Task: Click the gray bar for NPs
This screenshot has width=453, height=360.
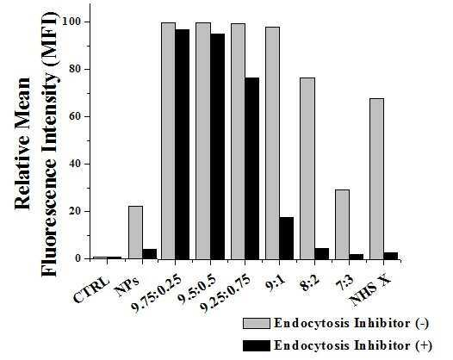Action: [135, 233]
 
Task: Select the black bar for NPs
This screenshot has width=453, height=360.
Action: [150, 254]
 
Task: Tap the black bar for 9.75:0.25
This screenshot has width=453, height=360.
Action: [183, 144]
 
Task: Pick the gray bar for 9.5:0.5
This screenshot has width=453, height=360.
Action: [203, 140]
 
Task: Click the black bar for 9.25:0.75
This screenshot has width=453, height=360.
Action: [252, 169]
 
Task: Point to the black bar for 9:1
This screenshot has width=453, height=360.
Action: [287, 238]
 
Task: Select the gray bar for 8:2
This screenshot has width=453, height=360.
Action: [307, 169]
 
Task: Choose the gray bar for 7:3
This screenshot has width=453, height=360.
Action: [343, 224]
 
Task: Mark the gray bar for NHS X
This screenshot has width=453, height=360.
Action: [377, 179]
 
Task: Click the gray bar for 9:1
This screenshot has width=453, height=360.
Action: [272, 143]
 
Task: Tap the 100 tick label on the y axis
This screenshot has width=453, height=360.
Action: [72, 22]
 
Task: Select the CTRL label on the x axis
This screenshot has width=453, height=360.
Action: [92, 289]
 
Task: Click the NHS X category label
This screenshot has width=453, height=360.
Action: [370, 289]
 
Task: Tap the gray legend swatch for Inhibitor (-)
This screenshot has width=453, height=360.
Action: [257, 323]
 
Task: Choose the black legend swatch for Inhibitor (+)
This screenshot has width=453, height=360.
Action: [257, 346]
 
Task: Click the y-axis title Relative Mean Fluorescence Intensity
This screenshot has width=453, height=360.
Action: [36, 145]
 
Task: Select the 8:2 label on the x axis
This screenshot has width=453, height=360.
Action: [310, 284]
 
